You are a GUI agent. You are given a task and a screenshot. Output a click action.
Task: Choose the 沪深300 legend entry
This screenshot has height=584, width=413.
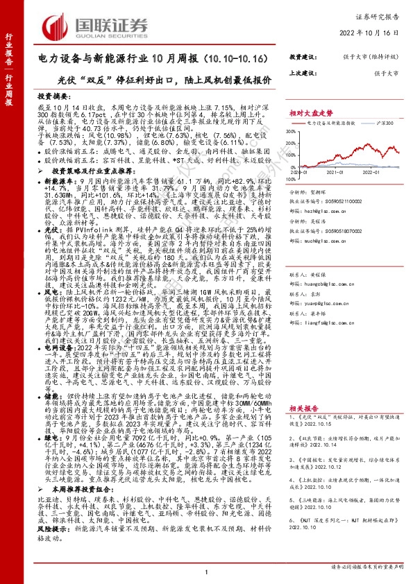(388, 122)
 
